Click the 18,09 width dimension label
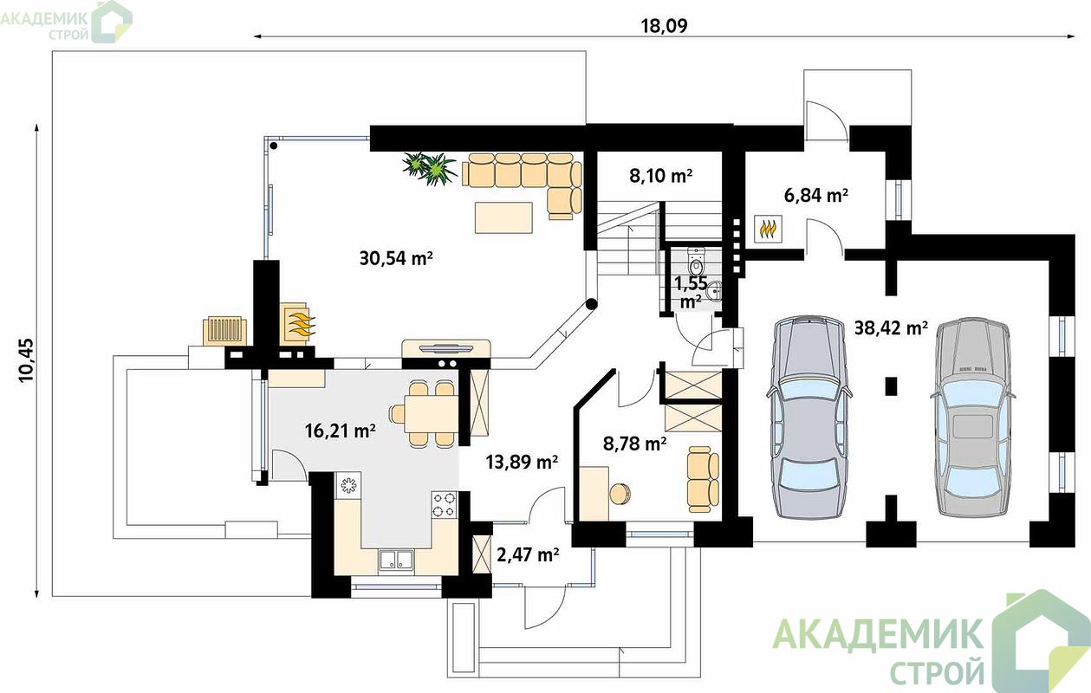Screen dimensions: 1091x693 click(x=664, y=26)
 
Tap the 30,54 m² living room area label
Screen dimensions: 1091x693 click(x=396, y=257)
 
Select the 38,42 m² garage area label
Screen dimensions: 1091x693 click(x=891, y=327)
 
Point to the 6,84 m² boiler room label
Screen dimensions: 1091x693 click(x=815, y=195)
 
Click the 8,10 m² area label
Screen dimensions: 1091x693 click(x=660, y=175)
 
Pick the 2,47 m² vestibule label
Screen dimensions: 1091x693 click(x=528, y=554)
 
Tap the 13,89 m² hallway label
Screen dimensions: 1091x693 click(x=522, y=462)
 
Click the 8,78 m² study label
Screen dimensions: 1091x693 click(x=634, y=444)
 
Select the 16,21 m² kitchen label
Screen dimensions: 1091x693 click(x=340, y=431)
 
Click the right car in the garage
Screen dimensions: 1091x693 click(x=972, y=417)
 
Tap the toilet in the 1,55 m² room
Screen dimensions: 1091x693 click(x=696, y=262)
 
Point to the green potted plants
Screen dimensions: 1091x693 click(x=429, y=168)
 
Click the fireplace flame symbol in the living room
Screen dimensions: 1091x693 click(x=301, y=323)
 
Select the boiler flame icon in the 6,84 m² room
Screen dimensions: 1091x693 click(x=768, y=229)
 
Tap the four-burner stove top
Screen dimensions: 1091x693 click(x=445, y=504)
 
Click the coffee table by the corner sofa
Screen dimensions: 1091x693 click(x=503, y=217)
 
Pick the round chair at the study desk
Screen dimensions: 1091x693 click(x=620, y=494)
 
